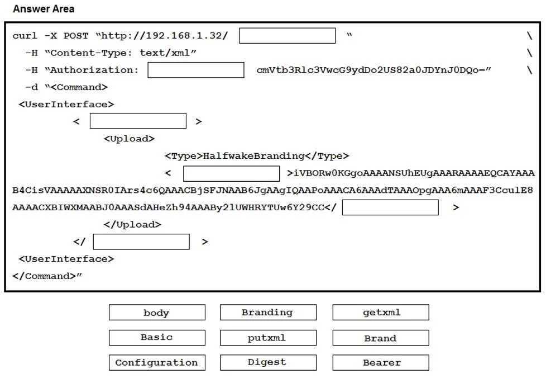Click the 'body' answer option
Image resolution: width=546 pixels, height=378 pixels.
(x=157, y=313)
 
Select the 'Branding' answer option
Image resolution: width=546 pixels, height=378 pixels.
(x=268, y=313)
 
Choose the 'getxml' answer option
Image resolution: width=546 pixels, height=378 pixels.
(x=381, y=313)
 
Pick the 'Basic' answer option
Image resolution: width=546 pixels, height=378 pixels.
(x=157, y=338)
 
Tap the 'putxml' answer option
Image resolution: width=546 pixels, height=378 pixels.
(x=268, y=338)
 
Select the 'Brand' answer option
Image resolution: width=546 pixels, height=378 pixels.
(x=381, y=338)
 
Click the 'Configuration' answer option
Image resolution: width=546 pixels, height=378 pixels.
(x=157, y=363)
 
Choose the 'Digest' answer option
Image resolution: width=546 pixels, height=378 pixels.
(x=268, y=363)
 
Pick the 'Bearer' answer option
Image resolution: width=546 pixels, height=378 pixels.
(x=381, y=363)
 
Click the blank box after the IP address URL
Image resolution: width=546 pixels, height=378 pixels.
(x=288, y=36)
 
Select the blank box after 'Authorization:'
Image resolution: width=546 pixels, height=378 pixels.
(x=196, y=70)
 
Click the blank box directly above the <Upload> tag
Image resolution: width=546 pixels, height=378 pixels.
(x=138, y=121)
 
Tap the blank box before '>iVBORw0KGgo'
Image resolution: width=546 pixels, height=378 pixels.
(x=231, y=173)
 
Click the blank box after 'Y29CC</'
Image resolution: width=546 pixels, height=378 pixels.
(x=390, y=207)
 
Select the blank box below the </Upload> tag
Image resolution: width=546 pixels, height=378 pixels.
(x=141, y=242)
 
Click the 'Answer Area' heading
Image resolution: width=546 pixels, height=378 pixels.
(x=44, y=9)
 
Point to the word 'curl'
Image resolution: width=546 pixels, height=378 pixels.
(x=25, y=36)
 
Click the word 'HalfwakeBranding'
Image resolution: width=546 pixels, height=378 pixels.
(x=254, y=156)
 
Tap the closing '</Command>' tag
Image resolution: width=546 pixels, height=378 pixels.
(x=44, y=276)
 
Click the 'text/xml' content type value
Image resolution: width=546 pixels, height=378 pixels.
(x=165, y=53)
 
